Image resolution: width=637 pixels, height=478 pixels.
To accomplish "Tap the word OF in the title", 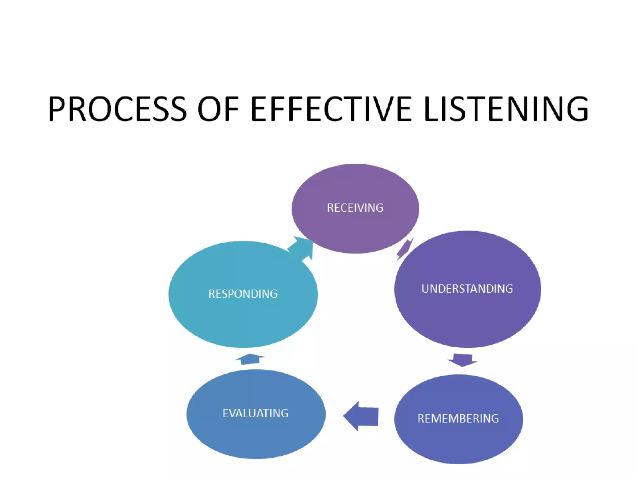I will pos(218,109).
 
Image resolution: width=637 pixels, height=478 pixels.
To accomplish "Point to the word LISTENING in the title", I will pos(506,109).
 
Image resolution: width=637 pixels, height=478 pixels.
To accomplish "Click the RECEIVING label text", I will pos(355,208).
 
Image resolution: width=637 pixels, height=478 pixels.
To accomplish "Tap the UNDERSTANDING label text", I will pos(467,289).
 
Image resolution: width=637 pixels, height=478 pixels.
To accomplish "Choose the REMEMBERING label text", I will pos(458,419).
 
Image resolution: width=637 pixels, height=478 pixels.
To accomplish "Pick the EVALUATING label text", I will pos(256,413).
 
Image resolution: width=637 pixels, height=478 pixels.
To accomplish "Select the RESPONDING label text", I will pos(243,294).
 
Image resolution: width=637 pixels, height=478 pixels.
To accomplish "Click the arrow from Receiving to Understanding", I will pos(405,249).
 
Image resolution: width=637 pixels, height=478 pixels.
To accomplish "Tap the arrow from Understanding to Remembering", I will pos(463,360).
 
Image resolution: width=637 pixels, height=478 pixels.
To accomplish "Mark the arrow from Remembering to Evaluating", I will pos(362,416).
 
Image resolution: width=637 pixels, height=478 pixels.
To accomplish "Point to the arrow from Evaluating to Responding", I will pos(250,359).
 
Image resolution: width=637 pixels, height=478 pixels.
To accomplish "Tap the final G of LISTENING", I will pos(578,109).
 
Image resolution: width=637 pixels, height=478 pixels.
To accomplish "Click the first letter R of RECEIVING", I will pos(330,208).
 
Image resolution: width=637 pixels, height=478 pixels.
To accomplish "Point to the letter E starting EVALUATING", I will pos(226,413).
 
